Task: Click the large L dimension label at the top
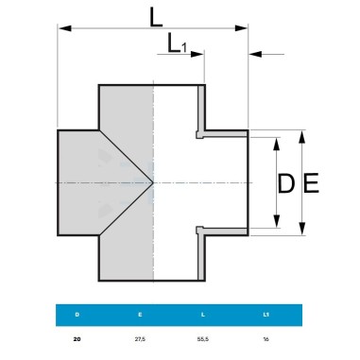tap(156, 17)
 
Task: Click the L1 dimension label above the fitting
tap(177, 43)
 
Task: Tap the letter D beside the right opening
tap(286, 183)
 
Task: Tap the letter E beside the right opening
tap(311, 182)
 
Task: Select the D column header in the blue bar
tap(77, 315)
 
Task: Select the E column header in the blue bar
tap(140, 315)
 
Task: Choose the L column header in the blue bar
tap(203, 315)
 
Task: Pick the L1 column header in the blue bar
tap(266, 315)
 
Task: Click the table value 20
tap(77, 339)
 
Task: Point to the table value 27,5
tap(140, 339)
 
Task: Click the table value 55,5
tap(203, 339)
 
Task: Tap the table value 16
tap(266, 339)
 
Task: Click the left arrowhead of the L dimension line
tap(65, 28)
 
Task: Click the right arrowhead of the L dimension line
tap(241, 28)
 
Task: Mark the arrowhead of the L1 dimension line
tap(197, 54)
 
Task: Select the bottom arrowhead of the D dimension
tap(277, 221)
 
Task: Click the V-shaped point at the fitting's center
tap(153, 182)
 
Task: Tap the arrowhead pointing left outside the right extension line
tap(255, 54)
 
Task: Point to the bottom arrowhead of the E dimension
tap(302, 229)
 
